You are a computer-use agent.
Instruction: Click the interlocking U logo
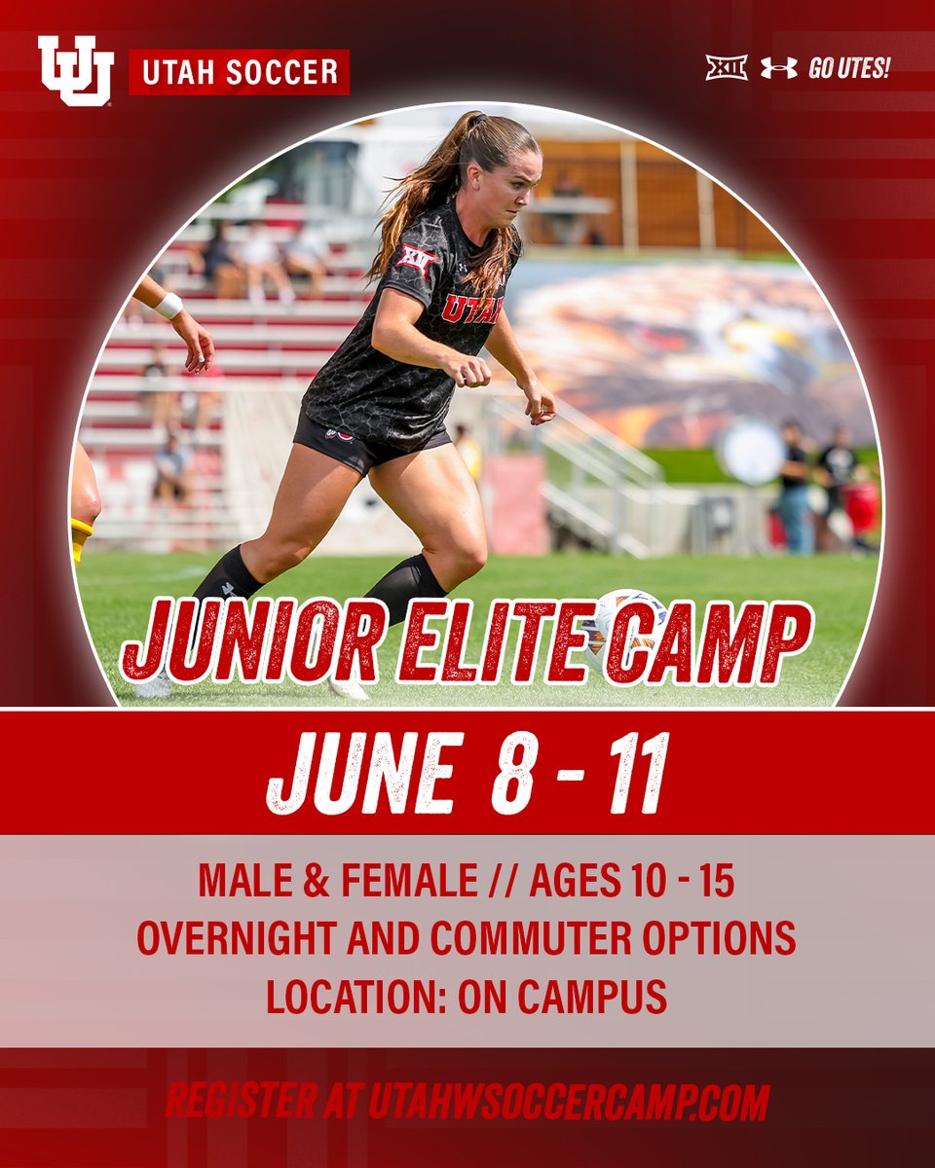(75, 70)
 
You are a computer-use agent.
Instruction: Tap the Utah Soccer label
(240, 72)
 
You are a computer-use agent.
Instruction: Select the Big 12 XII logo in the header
(726, 68)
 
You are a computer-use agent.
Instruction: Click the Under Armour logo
(778, 68)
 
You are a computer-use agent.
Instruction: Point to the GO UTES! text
(849, 69)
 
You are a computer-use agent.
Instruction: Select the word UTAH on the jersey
(472, 309)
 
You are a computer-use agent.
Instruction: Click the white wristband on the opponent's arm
(169, 306)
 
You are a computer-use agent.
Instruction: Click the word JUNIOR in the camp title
(251, 642)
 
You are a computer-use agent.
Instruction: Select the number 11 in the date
(639, 773)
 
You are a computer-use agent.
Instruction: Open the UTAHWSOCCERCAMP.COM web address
(569, 1102)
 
